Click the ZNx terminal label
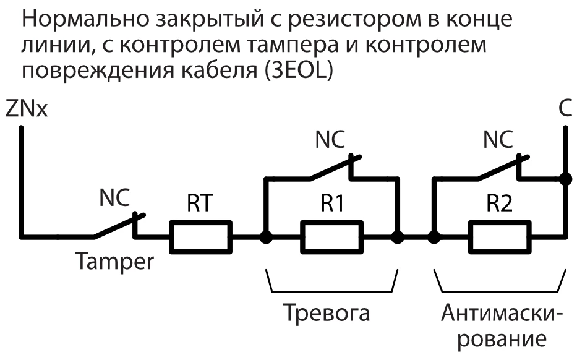[x=25, y=110]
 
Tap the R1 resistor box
[x=331, y=236]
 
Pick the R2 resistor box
[x=500, y=236]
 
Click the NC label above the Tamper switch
[x=114, y=200]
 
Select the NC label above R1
[x=331, y=139]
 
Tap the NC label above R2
[x=498, y=139]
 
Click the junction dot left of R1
[x=266, y=236]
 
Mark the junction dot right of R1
[x=398, y=236]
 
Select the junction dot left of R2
[x=434, y=236]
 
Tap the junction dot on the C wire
[x=564, y=179]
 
